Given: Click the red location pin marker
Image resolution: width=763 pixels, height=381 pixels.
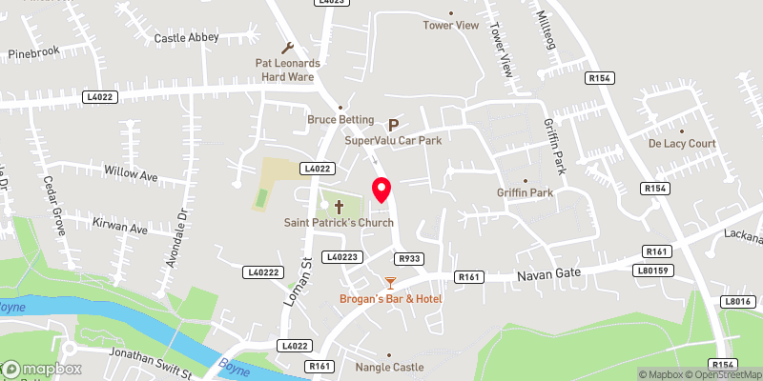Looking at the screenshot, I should pos(381,190).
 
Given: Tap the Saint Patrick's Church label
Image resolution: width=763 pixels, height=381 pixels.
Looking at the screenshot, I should pos(339,223).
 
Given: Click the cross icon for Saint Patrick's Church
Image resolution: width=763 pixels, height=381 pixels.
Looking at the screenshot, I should pos(339,205).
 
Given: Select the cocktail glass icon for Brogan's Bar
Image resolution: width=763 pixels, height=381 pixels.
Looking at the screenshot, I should pos(389,282).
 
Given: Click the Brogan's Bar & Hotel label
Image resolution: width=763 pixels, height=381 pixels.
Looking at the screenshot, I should pos(391,299).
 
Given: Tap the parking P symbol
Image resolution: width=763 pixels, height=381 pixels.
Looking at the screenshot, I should pos(392,124).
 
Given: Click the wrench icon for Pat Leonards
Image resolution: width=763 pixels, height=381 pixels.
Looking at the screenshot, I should pos(288,47).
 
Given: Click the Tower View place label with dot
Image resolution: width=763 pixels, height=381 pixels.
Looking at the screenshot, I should pos(451,25).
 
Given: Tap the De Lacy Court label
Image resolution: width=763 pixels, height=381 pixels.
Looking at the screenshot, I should pos(682,144).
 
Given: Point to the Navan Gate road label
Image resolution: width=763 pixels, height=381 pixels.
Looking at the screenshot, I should pos(549,275).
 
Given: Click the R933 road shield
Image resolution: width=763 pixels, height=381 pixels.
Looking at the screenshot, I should pos(409,257).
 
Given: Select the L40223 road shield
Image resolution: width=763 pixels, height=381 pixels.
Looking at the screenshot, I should pos(341,257).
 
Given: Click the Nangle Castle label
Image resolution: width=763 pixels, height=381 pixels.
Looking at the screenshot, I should pos(388,367).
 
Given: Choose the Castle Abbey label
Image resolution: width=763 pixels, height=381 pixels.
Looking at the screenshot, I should pos(187,38).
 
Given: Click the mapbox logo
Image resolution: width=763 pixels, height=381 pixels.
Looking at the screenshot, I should pos(42,369).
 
